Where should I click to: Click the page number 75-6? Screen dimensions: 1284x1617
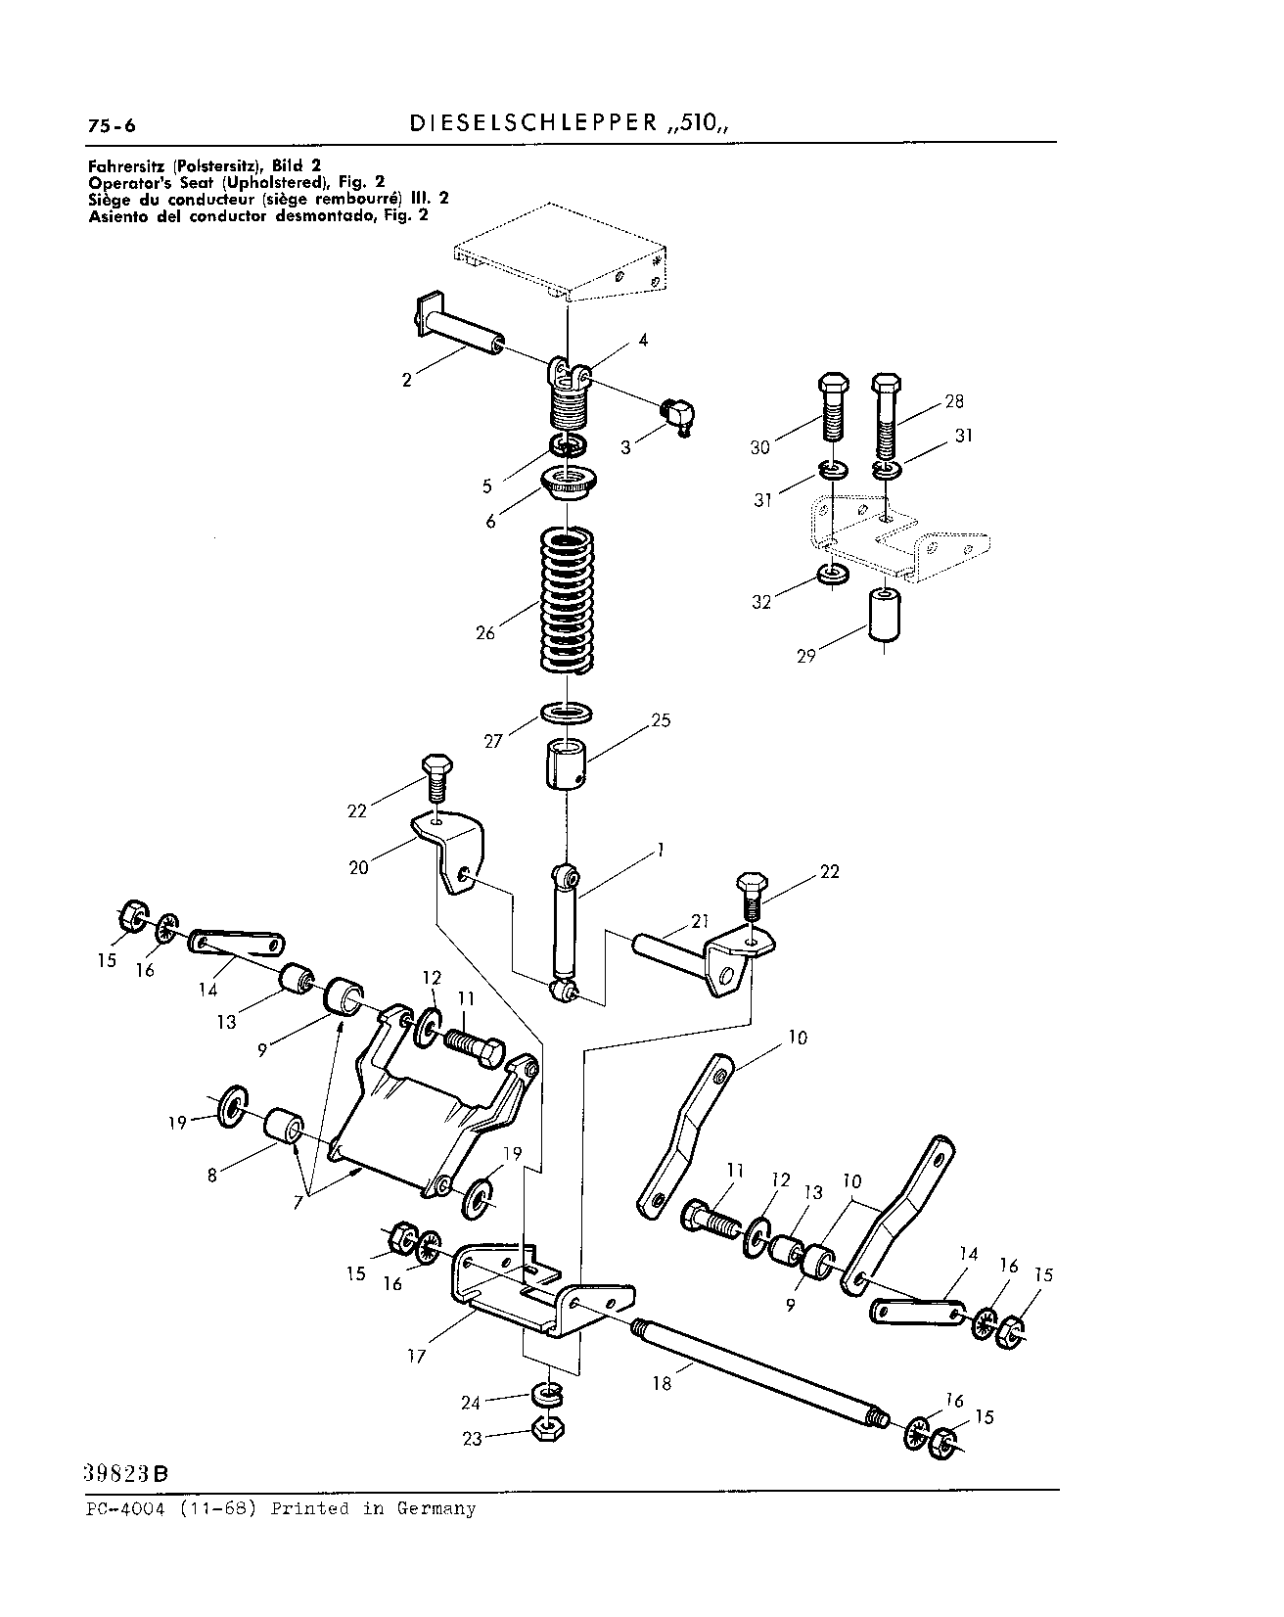click(x=112, y=125)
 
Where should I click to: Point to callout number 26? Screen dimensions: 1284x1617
click(x=485, y=632)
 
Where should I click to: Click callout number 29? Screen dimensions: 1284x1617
click(x=805, y=656)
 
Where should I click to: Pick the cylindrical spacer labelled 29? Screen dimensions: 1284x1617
click(x=886, y=614)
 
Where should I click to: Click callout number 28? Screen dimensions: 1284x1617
click(x=954, y=401)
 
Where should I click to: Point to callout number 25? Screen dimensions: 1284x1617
click(x=661, y=720)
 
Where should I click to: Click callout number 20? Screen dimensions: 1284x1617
click(x=359, y=867)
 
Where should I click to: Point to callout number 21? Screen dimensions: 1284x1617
click(x=699, y=921)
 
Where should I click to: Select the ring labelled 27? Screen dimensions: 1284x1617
click(x=568, y=712)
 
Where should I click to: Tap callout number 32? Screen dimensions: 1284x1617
click(x=762, y=602)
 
